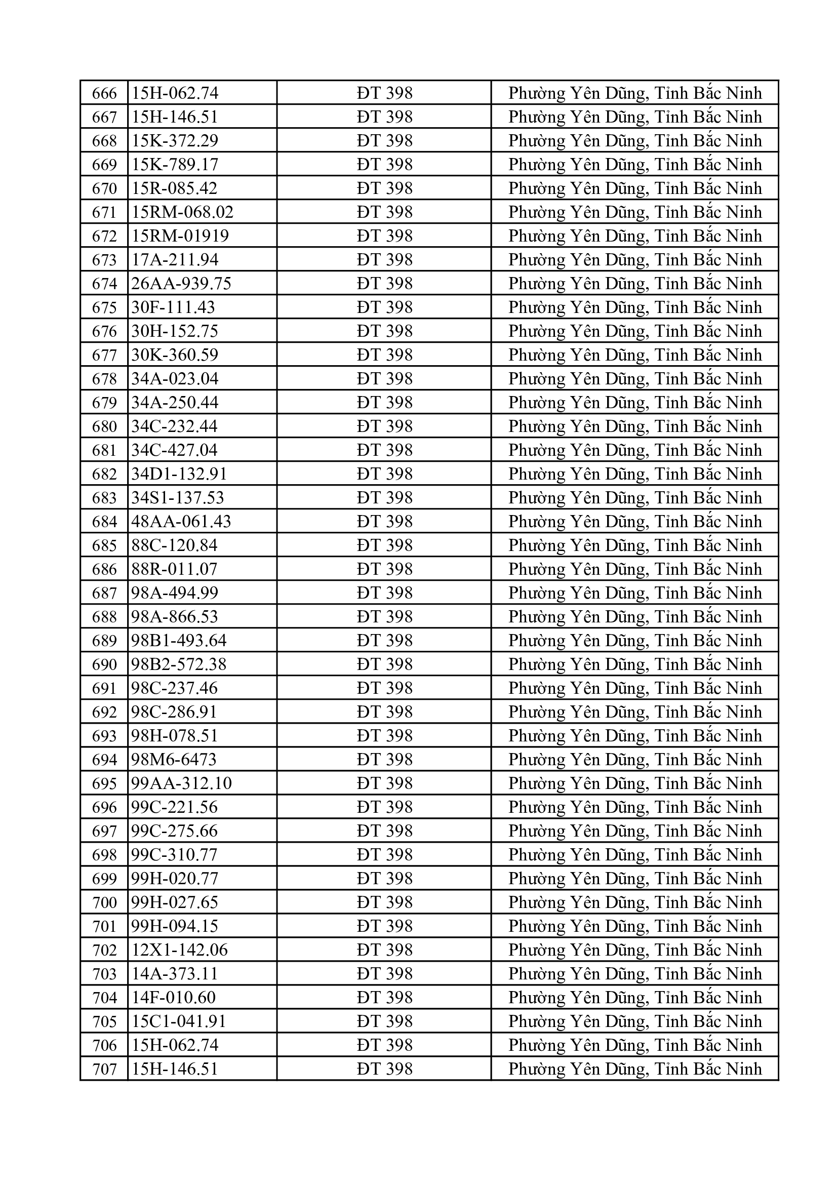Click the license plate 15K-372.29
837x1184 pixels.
point(175,141)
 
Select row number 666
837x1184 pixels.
point(104,93)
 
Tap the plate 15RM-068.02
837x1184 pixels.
point(182,212)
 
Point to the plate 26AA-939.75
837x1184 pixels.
point(181,284)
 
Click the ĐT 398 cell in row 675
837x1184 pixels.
point(384,307)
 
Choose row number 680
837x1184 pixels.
point(104,426)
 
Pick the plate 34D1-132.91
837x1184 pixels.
point(179,474)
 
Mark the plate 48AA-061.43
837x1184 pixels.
point(181,521)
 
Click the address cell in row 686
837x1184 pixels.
point(635,569)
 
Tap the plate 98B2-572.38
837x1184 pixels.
point(178,664)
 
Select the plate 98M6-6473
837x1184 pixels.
point(174,760)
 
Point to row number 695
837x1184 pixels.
point(104,783)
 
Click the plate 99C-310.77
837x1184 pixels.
point(175,854)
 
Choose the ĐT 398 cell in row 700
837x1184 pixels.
point(384,902)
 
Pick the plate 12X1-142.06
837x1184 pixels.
point(179,950)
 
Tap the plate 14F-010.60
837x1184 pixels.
point(173,997)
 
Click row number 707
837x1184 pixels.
point(104,1069)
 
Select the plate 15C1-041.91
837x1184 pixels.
point(178,1021)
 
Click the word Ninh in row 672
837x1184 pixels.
point(744,236)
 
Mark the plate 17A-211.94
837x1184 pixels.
point(175,260)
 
